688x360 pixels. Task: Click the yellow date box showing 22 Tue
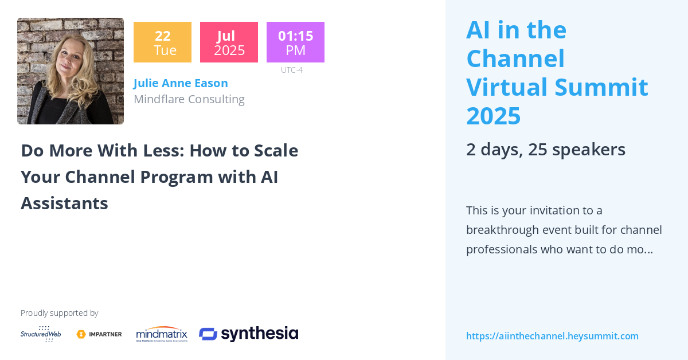point(162,42)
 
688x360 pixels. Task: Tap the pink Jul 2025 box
point(229,42)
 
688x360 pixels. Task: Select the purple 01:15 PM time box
point(295,42)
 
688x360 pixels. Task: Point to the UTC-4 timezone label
point(291,70)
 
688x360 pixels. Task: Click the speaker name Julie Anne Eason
point(181,83)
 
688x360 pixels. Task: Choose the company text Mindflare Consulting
point(189,99)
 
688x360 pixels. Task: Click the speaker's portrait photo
point(71,71)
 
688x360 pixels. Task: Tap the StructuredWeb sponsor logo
point(41,334)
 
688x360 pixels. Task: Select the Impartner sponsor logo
point(99,334)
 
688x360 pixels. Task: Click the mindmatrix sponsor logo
point(162,334)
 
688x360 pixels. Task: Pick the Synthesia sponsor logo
point(248,334)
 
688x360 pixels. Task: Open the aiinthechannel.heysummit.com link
point(552,336)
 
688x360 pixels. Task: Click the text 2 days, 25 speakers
point(545,149)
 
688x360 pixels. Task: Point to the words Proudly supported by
point(59,313)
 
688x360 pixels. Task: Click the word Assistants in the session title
point(64,203)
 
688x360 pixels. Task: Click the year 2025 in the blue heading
point(493,116)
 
